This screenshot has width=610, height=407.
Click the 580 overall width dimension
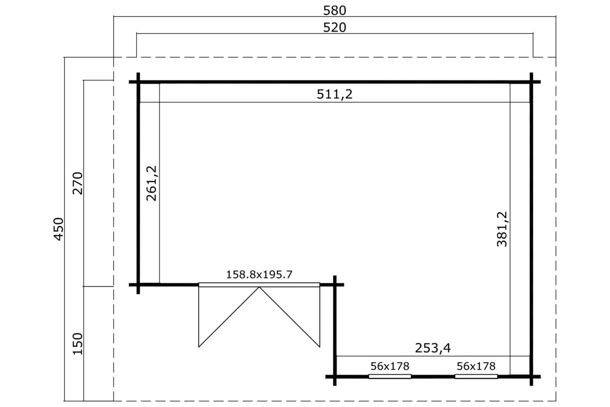334,11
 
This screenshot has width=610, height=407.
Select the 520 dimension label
334,27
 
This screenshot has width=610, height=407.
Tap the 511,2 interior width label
334,94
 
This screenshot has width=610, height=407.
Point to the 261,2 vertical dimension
151,183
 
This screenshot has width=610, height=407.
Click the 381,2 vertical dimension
502,229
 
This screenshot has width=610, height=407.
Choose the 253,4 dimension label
433,348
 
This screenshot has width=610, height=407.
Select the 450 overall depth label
58,229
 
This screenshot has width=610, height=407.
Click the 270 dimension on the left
78,183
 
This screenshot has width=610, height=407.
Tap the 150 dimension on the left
78,344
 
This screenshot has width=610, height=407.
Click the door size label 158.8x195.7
259,275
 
